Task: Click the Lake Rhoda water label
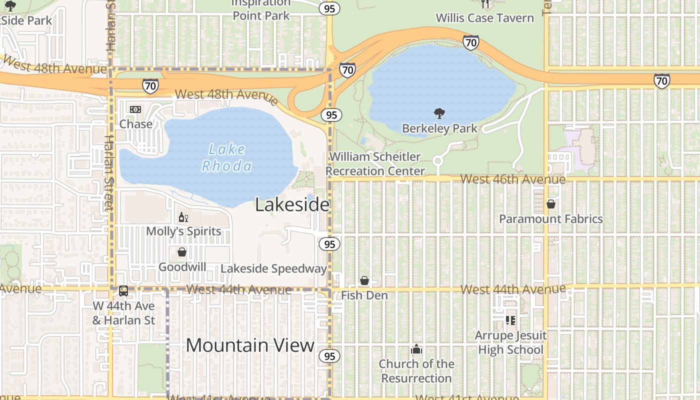click(226, 157)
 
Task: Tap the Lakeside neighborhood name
click(292, 204)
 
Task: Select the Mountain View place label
click(250, 345)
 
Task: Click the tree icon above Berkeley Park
click(439, 113)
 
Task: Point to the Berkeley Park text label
click(440, 128)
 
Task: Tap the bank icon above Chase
click(135, 109)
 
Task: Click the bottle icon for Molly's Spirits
click(183, 217)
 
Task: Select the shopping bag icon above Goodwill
click(182, 252)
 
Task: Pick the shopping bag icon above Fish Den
click(364, 281)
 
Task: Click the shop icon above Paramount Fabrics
click(550, 204)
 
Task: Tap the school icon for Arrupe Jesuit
click(510, 320)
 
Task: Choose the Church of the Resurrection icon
click(416, 349)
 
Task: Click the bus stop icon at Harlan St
click(123, 291)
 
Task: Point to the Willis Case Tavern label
click(484, 18)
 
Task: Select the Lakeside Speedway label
click(273, 268)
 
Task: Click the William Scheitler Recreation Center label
click(375, 164)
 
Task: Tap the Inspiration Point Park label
click(261, 9)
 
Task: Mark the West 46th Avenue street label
click(512, 179)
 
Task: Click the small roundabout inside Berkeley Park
click(438, 160)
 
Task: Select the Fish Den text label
click(364, 295)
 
